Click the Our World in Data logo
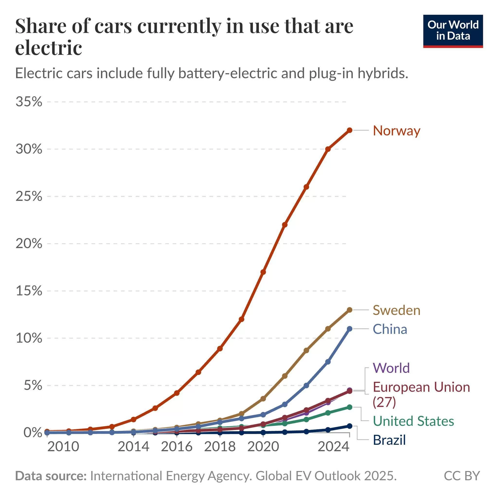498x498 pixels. pos(453,31)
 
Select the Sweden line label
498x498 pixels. pos(396,310)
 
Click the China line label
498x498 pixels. pos(390,329)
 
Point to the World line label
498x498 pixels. pos(391,368)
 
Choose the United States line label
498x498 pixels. pos(413,421)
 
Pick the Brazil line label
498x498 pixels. pos(389,440)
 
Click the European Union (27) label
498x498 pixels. pos(421,394)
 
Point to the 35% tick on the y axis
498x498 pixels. pos(29,102)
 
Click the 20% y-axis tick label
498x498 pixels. pos(29,244)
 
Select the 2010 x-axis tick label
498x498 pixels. pos(63,446)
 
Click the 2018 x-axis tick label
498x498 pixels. pos(220,446)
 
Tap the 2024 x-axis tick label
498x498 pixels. pos(333,446)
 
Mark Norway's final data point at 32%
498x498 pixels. pos(349,130)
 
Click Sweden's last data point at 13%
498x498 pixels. pos(349,310)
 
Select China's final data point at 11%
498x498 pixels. pos(349,329)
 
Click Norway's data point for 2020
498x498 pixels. pos(263,272)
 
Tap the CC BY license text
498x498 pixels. pos(462,476)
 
